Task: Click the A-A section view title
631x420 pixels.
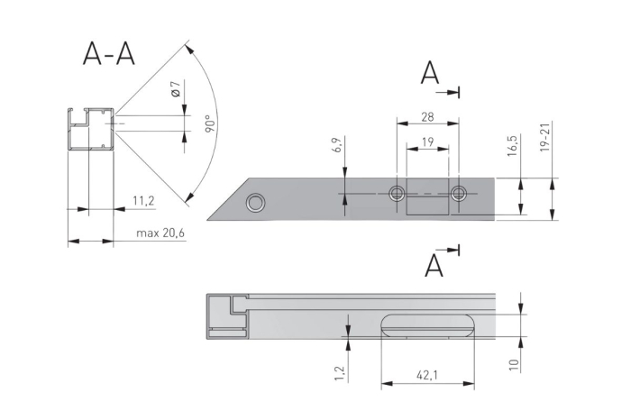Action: click(x=108, y=54)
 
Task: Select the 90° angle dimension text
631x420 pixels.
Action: click(x=207, y=123)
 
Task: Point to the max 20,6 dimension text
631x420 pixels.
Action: click(x=160, y=233)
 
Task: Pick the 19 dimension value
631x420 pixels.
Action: click(x=427, y=141)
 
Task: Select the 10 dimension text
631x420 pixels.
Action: click(x=512, y=364)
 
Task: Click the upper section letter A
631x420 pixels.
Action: click(x=430, y=74)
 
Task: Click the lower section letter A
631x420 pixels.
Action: click(x=434, y=265)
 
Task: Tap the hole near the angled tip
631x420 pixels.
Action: click(x=256, y=202)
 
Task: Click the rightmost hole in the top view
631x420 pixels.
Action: click(x=461, y=192)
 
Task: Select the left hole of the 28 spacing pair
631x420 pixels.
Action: click(x=396, y=192)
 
